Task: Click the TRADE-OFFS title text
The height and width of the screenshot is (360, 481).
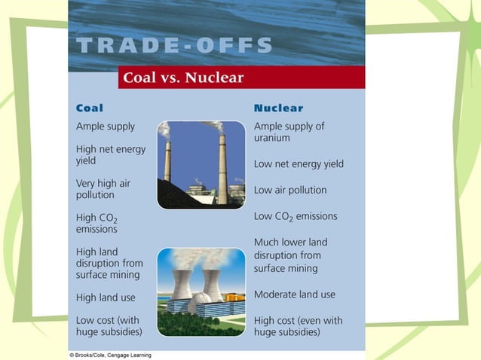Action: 175,45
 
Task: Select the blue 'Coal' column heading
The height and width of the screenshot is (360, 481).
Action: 90,108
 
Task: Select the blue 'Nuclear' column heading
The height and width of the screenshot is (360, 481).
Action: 278,108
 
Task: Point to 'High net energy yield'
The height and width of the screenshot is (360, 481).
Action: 110,154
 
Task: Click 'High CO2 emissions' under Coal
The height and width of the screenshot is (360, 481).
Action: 97,223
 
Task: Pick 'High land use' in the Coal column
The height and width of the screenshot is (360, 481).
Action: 106,297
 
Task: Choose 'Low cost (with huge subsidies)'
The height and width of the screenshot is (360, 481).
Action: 109,325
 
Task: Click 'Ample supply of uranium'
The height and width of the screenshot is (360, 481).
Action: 289,132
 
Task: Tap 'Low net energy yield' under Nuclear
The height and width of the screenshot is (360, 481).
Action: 299,163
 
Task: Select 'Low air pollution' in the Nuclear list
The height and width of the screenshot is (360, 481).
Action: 290,190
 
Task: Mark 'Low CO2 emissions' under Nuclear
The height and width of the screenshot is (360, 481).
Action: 296,216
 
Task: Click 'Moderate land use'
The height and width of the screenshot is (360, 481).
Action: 295,294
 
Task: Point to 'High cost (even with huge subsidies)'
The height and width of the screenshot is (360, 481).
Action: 298,325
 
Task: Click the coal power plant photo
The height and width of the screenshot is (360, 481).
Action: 201,164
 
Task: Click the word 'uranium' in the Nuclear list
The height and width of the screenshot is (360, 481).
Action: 271,138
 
